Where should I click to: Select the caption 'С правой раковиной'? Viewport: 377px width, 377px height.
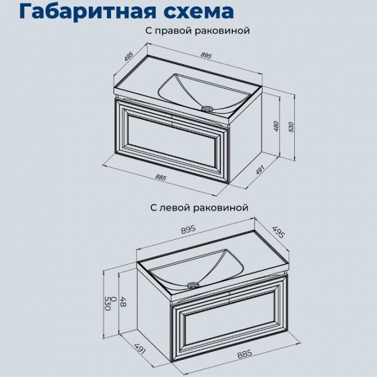click(197, 32)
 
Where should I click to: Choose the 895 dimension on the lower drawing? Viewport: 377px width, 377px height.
click(187, 229)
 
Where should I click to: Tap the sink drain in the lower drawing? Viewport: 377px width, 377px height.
click(191, 283)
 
